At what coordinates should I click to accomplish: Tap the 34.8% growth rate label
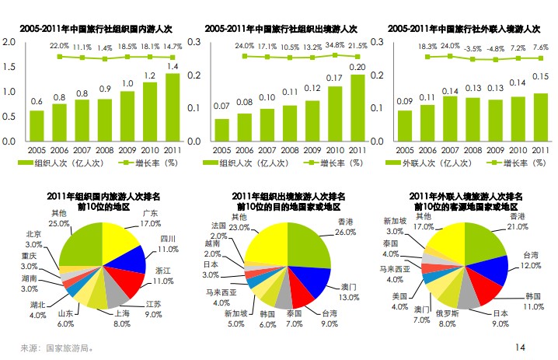(x=336, y=45)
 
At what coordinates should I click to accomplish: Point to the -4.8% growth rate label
(x=497, y=48)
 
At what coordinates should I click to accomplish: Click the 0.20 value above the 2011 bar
(x=357, y=68)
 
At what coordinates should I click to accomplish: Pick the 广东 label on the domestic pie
(x=150, y=213)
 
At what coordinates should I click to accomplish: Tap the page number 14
(x=521, y=345)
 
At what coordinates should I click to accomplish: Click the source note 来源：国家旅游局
(x=58, y=348)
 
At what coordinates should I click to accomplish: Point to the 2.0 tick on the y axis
(x=10, y=42)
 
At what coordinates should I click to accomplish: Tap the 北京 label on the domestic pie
(x=33, y=233)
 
